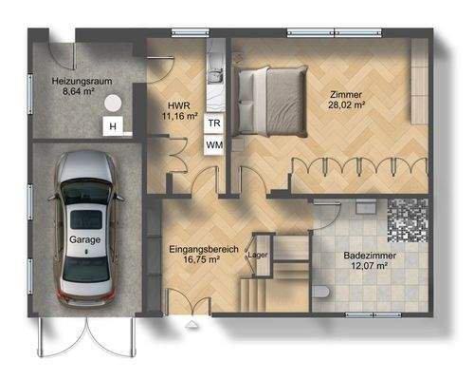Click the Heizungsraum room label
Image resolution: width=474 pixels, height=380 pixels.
(82, 82)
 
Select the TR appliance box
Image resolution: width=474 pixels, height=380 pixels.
(214, 123)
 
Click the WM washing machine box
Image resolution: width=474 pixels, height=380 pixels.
(214, 144)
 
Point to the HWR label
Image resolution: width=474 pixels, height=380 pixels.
(178, 105)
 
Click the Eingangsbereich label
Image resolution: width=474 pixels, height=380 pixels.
(195, 249)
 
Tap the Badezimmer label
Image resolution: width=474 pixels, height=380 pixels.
(370, 256)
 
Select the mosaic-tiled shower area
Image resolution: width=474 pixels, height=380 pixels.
(409, 219)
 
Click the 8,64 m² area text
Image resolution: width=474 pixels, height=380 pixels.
(82, 93)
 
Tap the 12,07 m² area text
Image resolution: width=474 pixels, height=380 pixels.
(370, 268)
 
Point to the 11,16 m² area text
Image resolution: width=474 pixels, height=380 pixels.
(178, 117)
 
